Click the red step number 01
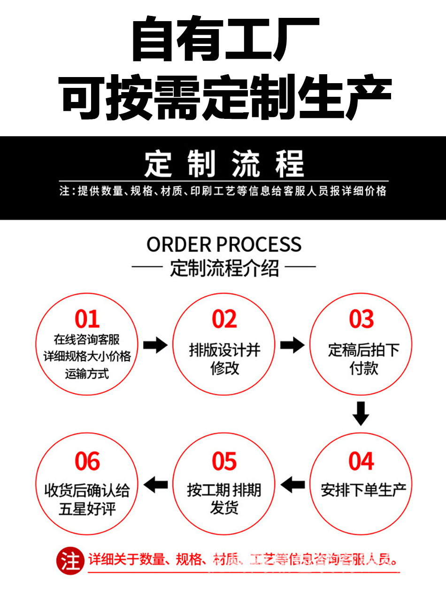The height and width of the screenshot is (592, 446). (87, 319)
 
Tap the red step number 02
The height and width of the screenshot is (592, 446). (224, 319)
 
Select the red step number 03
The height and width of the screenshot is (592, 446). (361, 319)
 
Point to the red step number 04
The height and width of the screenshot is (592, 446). (361, 461)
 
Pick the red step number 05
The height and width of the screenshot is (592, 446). (224, 461)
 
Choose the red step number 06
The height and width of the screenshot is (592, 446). (87, 461)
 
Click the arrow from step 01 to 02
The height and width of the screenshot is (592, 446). (155, 345)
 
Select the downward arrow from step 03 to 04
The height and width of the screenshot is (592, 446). (361, 413)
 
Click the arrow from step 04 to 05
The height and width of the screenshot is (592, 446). (293, 484)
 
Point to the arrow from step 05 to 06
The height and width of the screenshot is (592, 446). (156, 484)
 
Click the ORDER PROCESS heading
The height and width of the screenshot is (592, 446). (223, 245)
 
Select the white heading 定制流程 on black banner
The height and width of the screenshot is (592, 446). (223, 164)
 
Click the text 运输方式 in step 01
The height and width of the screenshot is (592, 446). (87, 374)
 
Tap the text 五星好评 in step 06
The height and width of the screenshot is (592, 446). (87, 509)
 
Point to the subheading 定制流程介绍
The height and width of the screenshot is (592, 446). (224, 269)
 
